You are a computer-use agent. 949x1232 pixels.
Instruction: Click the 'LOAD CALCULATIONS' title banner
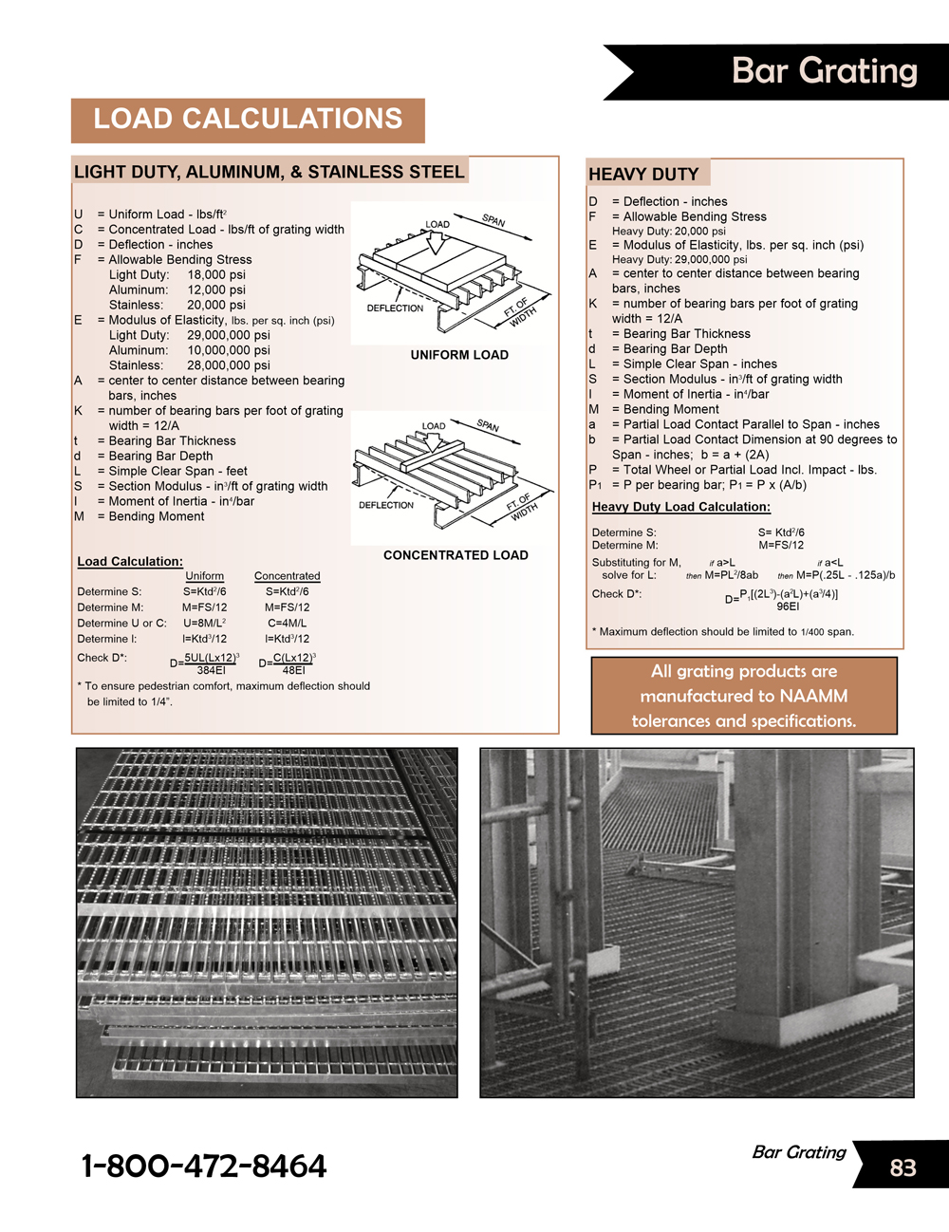coord(248,120)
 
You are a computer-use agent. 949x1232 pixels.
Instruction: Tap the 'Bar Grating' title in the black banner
coord(824,71)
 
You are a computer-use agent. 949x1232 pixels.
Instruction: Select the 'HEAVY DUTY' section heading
coord(643,175)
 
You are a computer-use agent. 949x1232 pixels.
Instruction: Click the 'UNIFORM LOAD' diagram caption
coord(459,355)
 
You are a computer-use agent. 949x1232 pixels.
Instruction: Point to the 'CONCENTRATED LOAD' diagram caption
coord(456,555)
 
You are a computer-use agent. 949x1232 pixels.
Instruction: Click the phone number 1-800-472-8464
coord(204,1166)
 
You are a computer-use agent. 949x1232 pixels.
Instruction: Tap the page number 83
coord(902,1167)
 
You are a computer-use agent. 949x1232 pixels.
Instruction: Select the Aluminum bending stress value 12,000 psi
coord(216,289)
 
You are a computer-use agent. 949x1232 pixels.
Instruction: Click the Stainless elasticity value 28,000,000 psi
coord(229,365)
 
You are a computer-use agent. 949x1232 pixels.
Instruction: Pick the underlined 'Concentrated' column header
coord(287,576)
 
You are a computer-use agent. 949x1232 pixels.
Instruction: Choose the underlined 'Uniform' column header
coord(205,576)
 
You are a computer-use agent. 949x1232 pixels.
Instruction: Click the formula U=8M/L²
coord(204,624)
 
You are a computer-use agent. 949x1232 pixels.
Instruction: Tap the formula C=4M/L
coord(287,624)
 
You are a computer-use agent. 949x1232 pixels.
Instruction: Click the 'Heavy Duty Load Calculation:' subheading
coord(681,507)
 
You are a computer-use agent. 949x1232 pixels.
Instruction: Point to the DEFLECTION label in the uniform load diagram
coord(395,308)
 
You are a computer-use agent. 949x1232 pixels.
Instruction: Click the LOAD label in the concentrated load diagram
coord(434,426)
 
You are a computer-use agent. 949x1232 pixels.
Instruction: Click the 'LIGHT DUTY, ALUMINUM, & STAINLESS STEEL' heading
coord(270,172)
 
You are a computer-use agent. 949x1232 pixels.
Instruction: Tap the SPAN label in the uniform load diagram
coord(493,220)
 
